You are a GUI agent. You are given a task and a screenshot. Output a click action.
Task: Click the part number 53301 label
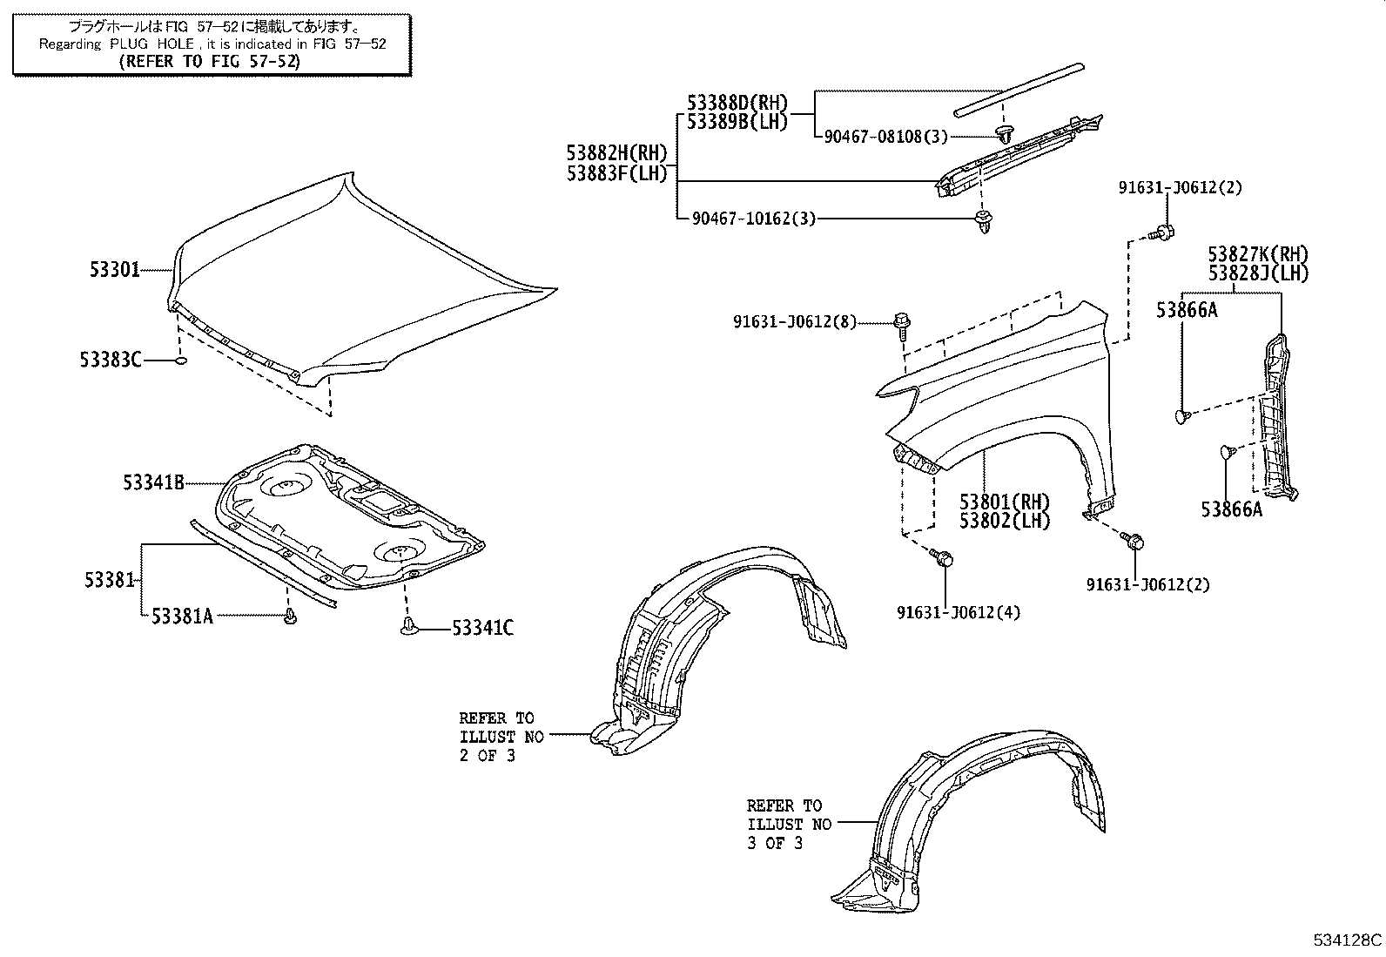(x=114, y=271)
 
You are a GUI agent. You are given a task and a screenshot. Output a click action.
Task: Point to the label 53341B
(x=152, y=482)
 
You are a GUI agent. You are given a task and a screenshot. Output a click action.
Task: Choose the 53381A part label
(x=181, y=617)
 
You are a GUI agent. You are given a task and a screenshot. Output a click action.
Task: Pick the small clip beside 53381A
(x=290, y=617)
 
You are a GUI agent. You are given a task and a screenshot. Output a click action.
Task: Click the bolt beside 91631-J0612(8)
(x=901, y=323)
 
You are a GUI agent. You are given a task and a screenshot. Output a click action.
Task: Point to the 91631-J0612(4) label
(x=959, y=613)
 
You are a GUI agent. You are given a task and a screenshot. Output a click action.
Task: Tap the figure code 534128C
(x=1347, y=940)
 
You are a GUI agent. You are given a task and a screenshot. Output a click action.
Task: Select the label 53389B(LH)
(x=737, y=123)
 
